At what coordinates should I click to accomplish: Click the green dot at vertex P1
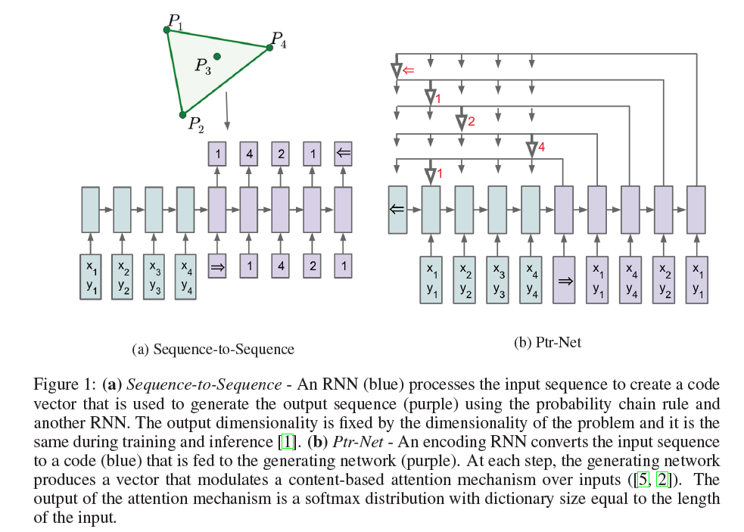point(167,30)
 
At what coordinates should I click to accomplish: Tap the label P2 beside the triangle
point(195,124)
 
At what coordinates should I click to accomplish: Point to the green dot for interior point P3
point(217,56)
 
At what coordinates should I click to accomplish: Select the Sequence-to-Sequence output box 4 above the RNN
point(248,154)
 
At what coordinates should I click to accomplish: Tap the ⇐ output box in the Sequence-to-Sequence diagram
point(344,154)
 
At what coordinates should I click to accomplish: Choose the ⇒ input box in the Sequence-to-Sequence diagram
point(216,266)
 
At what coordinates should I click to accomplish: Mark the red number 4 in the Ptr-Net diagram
point(541,148)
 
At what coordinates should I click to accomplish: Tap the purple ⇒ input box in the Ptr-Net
point(563,280)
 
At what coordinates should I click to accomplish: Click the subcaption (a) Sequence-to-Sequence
point(213,349)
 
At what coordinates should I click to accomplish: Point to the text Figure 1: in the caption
point(65,384)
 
